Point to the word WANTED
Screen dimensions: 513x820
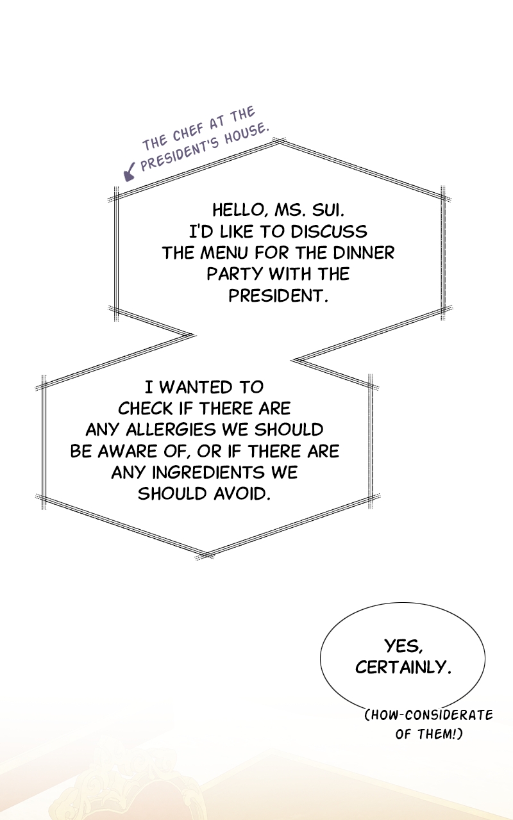click(x=196, y=388)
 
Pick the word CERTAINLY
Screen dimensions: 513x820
click(x=403, y=667)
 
